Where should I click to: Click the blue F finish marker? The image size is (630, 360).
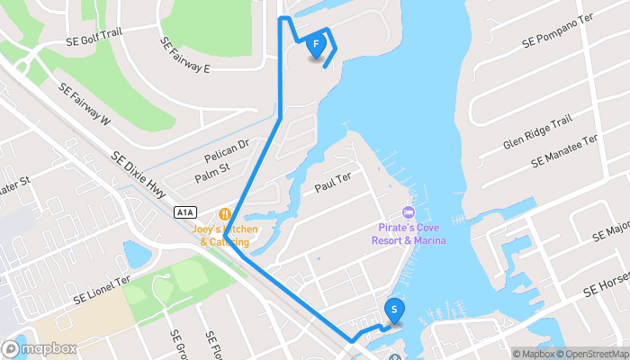click(x=316, y=45)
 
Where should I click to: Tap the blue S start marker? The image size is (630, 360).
click(x=394, y=310)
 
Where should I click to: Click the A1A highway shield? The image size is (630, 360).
click(x=184, y=211)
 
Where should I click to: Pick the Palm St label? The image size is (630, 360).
click(x=212, y=167)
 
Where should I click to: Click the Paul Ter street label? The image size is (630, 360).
click(x=331, y=185)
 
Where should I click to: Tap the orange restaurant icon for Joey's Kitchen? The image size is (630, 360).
click(x=224, y=215)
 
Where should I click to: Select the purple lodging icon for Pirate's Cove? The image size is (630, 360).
click(x=408, y=213)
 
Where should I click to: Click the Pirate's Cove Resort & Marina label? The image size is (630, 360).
click(x=410, y=234)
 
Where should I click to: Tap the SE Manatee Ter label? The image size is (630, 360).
click(x=564, y=151)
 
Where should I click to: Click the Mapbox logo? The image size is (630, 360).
click(x=40, y=348)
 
